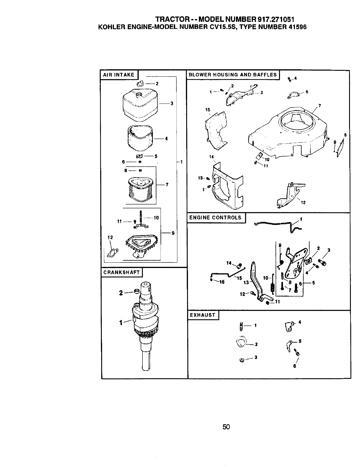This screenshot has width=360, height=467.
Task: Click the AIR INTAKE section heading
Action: click(x=118, y=75)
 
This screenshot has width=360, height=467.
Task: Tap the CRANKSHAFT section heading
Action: click(x=122, y=272)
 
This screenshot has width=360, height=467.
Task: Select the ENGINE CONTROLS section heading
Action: click(x=215, y=218)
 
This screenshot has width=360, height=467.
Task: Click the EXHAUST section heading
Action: click(x=202, y=315)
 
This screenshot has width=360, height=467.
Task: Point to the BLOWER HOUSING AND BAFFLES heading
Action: click(x=233, y=75)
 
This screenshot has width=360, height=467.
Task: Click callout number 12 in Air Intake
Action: click(x=110, y=237)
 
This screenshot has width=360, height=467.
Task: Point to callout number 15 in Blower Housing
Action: click(x=208, y=110)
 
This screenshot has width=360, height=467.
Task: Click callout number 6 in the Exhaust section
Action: click(x=294, y=366)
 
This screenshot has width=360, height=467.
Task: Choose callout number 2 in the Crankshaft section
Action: click(x=121, y=293)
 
